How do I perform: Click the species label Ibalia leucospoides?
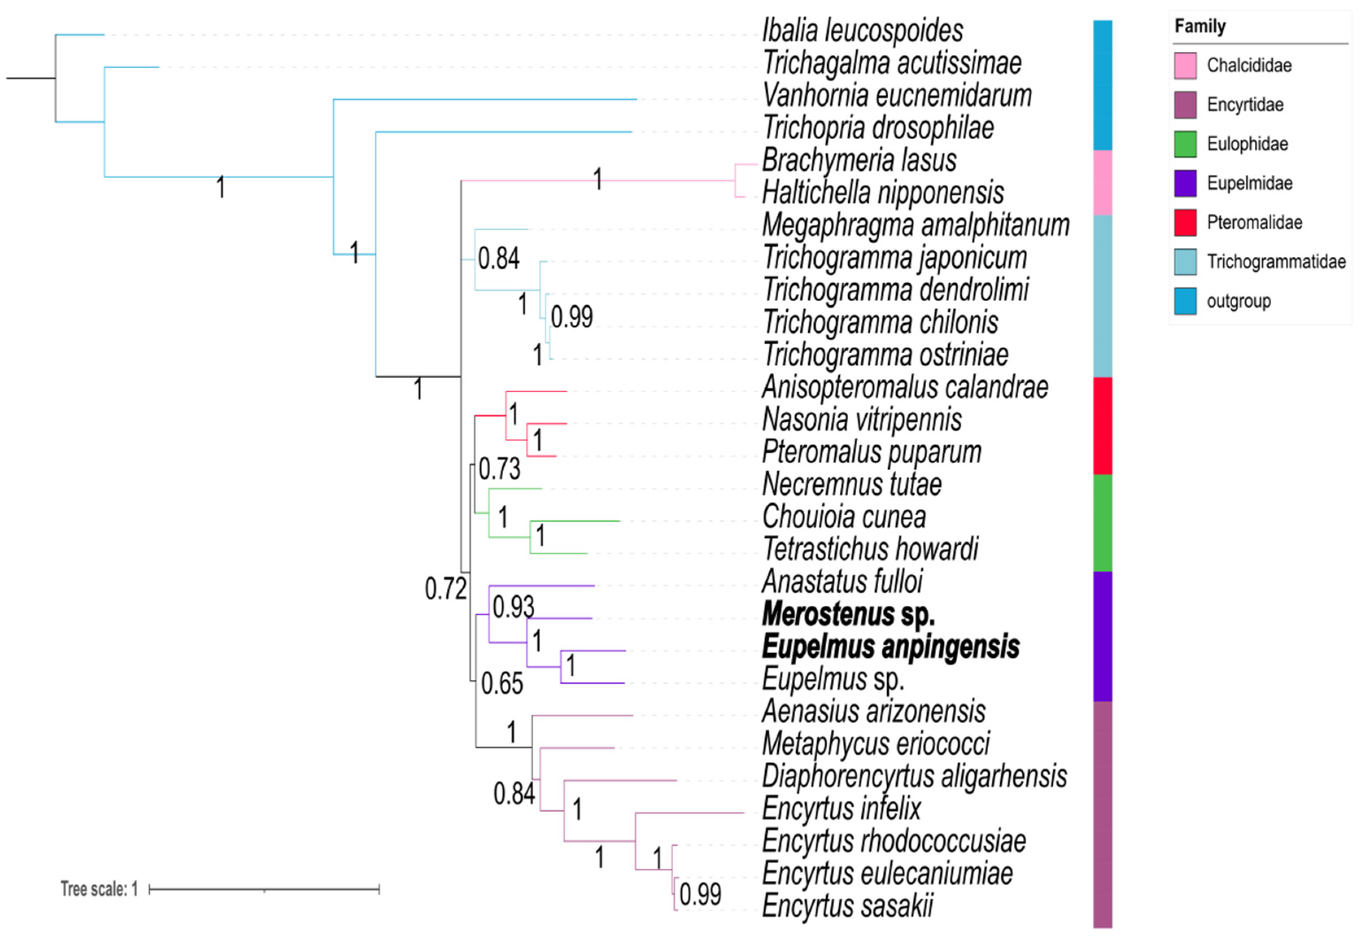[x=862, y=31]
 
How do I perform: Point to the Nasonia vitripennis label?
[x=862, y=420]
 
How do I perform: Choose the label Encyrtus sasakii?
[x=847, y=906]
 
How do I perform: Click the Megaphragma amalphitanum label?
[x=915, y=225]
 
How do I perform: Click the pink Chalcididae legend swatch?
[x=1185, y=65]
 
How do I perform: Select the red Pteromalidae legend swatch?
[x=1185, y=222]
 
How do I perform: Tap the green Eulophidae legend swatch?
[x=1185, y=144]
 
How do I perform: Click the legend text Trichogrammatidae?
[x=1276, y=262]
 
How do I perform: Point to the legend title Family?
[x=1200, y=26]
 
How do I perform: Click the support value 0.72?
[x=445, y=589]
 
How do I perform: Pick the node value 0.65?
[x=501, y=684]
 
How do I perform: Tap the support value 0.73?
[x=499, y=469]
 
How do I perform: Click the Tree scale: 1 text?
[x=99, y=889]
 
